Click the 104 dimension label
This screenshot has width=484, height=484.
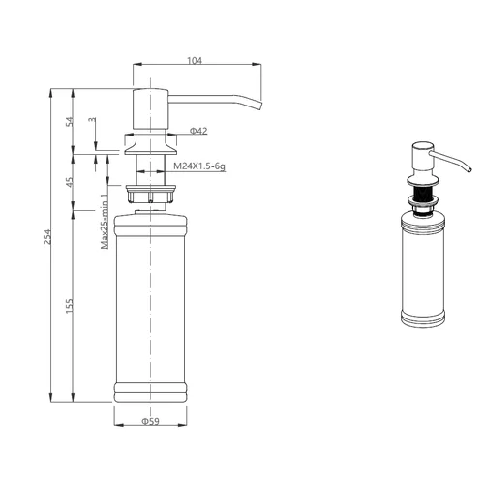pos(195,60)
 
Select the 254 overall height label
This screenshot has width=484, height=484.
pos(47,236)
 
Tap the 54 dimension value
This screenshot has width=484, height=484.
pos(70,122)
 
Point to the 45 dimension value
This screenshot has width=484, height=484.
pos(70,182)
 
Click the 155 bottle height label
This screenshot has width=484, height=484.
pos(70,306)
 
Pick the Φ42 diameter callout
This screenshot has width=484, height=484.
pos(198,131)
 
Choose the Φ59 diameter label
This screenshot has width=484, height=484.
pos(150,421)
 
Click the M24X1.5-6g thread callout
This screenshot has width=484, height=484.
pos(199,166)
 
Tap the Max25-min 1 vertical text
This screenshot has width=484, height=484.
pos(105,222)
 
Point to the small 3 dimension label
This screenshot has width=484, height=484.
pos(93,120)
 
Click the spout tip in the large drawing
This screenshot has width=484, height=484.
pos(260,106)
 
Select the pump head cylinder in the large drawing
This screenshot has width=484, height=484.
pos(151,109)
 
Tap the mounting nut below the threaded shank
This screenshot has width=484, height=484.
pos(151,194)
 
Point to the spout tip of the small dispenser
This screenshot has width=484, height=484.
pos(469,169)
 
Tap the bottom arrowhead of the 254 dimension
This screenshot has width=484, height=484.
pos(50,398)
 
